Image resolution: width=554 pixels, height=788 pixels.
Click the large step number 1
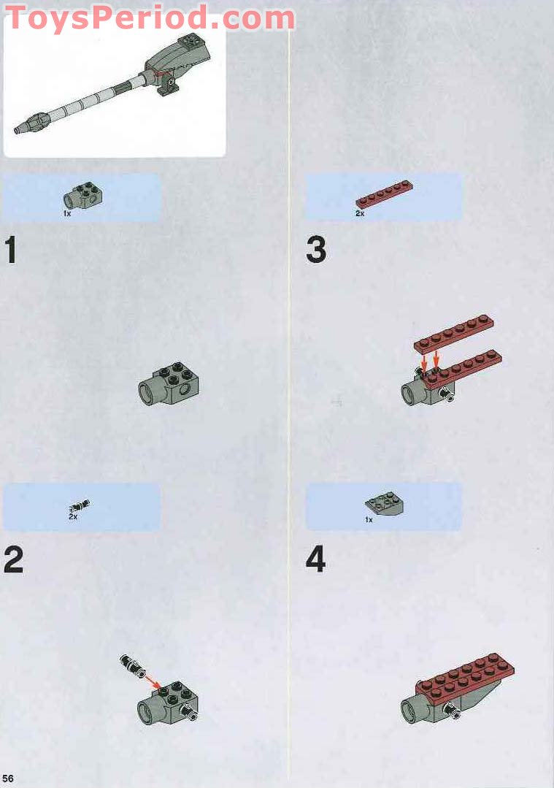[10, 250]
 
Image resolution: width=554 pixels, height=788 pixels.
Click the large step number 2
[13, 559]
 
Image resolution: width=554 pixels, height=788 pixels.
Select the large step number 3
[316, 250]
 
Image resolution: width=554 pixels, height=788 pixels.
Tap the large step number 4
[315, 559]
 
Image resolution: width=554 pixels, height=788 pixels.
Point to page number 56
[8, 778]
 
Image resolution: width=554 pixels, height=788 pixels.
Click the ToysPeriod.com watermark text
[150, 18]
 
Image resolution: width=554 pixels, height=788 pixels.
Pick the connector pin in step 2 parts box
[80, 505]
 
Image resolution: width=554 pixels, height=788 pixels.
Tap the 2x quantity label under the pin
[73, 517]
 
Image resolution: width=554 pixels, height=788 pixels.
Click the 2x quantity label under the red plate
[359, 214]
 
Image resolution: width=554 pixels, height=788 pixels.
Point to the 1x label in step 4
[369, 520]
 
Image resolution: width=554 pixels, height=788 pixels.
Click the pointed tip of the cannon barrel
[18, 130]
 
